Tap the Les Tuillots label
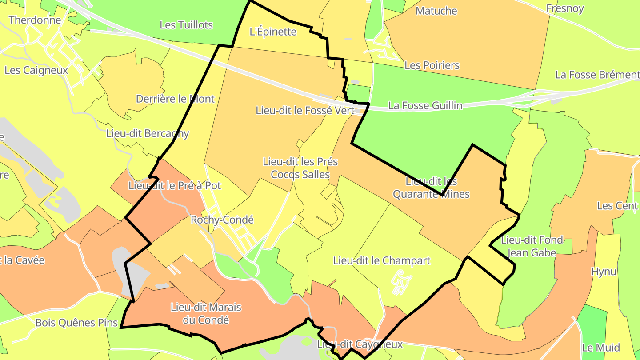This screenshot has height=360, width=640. click(x=186, y=25)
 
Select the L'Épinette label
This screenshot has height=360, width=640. click(x=273, y=32)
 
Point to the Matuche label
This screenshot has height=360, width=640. click(x=436, y=11)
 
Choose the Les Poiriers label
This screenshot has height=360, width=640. click(x=432, y=65)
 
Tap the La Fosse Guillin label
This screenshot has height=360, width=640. click(x=425, y=106)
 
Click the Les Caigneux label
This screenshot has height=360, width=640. click(x=36, y=70)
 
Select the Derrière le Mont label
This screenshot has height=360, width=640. click(x=175, y=99)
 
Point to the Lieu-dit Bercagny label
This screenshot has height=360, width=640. click(x=148, y=133)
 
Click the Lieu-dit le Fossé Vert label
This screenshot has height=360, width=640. click(x=305, y=110)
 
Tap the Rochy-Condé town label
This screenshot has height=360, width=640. click(x=222, y=220)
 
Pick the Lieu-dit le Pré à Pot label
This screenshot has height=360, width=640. click(x=174, y=186)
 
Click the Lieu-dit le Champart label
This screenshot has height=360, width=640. click(x=382, y=260)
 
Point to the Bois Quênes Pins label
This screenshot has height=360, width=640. click(x=76, y=323)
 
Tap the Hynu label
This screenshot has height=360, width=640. click(x=604, y=272)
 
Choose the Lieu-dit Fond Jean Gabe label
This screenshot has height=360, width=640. click(x=532, y=246)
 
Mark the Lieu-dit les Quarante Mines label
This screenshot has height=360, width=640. click(x=432, y=188)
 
